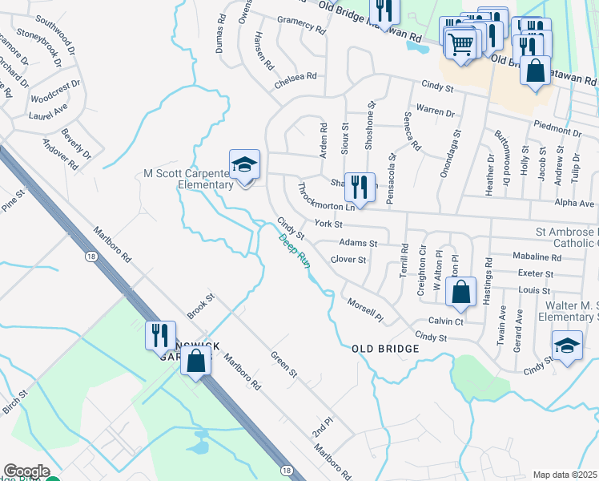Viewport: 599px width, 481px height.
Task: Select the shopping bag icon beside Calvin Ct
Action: point(460,293)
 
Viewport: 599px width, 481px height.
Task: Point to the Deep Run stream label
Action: point(294,250)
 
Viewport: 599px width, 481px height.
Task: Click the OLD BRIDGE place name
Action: point(385,350)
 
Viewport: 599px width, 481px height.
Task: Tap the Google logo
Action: point(26,471)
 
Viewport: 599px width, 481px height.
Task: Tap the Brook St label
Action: point(201,307)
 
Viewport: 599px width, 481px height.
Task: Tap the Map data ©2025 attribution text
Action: point(565,475)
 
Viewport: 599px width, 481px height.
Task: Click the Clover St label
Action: point(348,260)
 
